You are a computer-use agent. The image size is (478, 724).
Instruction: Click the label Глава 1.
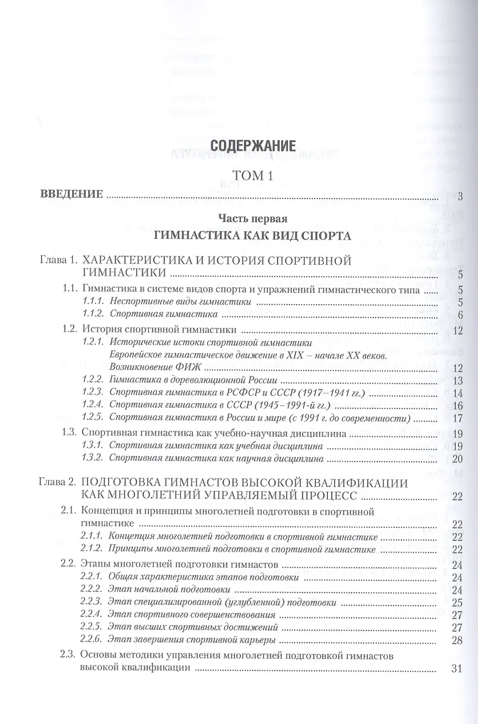coord(55,261)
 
